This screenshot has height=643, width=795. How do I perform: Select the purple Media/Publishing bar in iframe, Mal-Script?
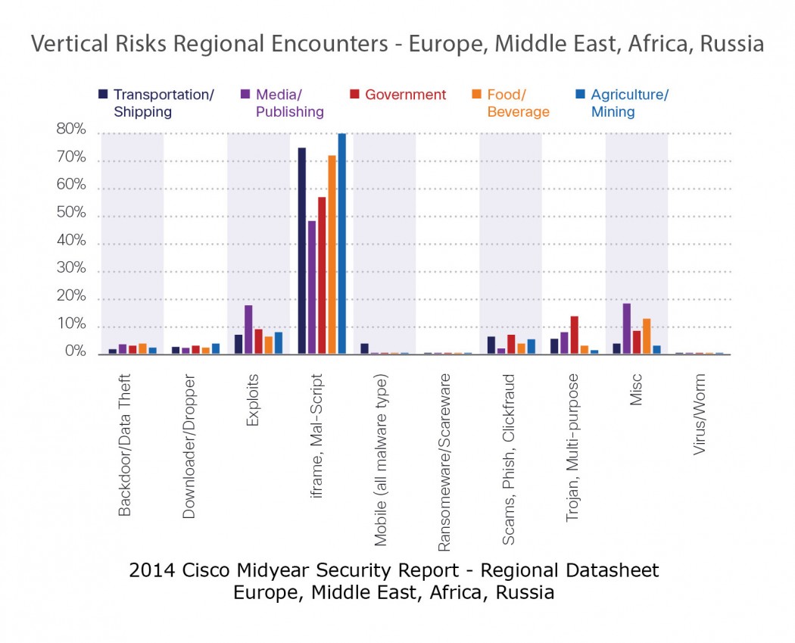coord(312,287)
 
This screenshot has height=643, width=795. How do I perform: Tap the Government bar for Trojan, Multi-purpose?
coord(575,335)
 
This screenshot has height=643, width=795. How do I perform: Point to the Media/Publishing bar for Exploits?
coord(248,329)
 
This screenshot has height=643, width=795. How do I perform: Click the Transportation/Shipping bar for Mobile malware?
coord(364,349)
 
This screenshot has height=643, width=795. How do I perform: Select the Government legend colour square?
coord(354,95)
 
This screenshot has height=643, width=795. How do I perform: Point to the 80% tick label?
coord(70,130)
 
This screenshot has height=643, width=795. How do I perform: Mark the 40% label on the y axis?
coord(70,242)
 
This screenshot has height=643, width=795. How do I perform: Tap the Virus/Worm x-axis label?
coord(700,414)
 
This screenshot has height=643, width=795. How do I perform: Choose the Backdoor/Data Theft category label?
coord(126,445)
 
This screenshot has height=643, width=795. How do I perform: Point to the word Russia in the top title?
coord(732,44)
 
